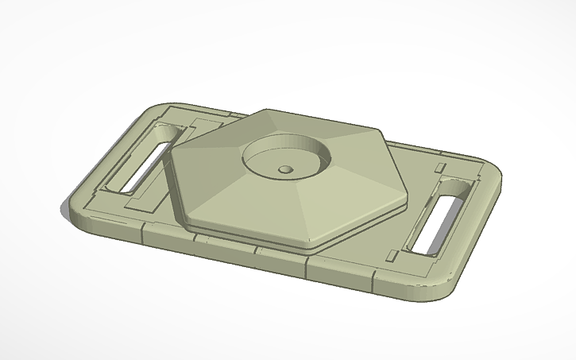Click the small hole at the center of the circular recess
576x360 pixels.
coord(284,168)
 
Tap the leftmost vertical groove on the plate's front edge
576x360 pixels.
coord(142,235)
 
